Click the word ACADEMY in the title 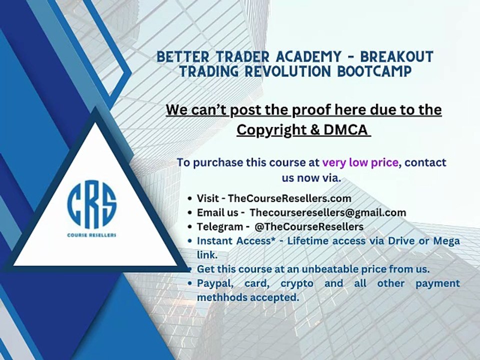pyautogui.click(x=308, y=57)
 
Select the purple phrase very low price pyautogui.click(x=360, y=162)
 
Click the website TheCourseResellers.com pyautogui.click(x=289, y=198)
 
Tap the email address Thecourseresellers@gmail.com pyautogui.click(x=328, y=212)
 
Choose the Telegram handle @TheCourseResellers pyautogui.click(x=309, y=226)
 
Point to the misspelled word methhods pyautogui.click(x=222, y=297)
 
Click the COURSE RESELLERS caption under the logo pyautogui.click(x=92, y=235)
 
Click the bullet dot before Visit pyautogui.click(x=190, y=198)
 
